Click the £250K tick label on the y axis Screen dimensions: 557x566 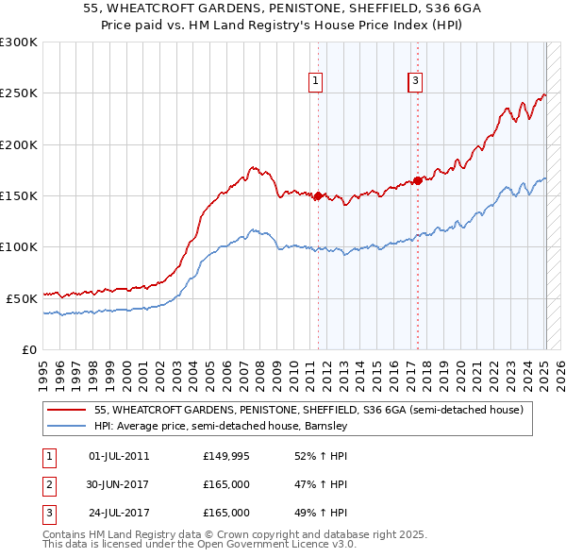[19, 93]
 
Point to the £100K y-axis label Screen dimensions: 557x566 [19, 246]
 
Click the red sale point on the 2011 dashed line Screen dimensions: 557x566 [318, 196]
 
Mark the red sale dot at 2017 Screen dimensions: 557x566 [418, 180]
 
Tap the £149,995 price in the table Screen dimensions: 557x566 [226, 456]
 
